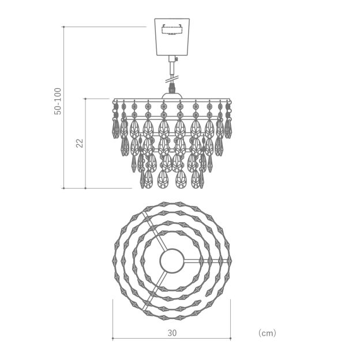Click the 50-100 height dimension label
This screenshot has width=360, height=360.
point(58,102)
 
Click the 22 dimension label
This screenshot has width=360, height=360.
point(80,143)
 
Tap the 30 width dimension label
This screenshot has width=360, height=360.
point(172,333)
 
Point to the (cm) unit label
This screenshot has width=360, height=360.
point(267,333)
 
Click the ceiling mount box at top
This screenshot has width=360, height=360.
point(172,37)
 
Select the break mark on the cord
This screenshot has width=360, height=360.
point(172,79)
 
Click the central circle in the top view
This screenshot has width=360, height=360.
point(172,261)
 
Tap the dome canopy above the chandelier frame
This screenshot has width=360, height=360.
point(172,96)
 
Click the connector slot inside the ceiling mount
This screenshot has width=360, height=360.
point(172,30)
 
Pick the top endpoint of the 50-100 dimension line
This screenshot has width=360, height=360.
point(63,27)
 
